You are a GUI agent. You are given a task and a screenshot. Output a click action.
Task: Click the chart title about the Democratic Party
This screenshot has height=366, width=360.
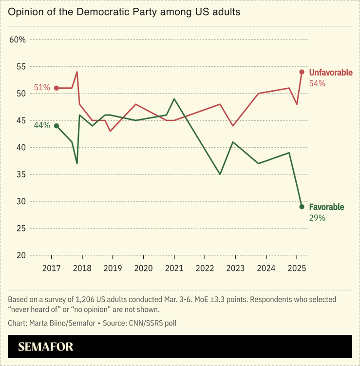[x=124, y=12]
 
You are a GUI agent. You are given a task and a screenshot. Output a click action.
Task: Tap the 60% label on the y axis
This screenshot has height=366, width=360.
[x=18, y=39]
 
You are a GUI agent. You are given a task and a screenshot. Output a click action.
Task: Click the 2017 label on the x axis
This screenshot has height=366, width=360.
[x=51, y=268]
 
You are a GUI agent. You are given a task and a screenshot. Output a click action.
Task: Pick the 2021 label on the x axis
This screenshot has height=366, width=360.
[x=174, y=268]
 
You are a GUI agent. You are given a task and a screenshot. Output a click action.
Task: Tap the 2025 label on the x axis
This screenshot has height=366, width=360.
[x=297, y=268]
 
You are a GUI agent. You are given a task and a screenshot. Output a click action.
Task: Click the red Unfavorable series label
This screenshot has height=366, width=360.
[x=331, y=73]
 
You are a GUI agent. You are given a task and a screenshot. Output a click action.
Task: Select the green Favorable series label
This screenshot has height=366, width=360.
[x=326, y=207]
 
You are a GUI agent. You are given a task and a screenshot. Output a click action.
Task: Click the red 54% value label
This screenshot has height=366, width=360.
[x=317, y=83]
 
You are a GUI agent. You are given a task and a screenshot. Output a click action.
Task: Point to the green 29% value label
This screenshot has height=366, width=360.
[x=317, y=218]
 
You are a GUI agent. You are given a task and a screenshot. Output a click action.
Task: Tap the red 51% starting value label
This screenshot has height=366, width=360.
[x=42, y=88]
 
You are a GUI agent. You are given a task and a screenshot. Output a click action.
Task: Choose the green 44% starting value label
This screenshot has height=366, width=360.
[x=42, y=125]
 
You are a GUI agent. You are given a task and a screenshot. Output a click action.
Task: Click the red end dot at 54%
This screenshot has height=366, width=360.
[x=302, y=72]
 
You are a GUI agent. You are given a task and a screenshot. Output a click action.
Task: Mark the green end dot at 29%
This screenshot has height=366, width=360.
[x=302, y=207]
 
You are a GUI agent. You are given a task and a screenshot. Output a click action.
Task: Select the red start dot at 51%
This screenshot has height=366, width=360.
[x=57, y=88]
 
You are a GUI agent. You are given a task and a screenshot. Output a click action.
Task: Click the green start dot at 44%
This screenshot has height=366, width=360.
[x=57, y=126]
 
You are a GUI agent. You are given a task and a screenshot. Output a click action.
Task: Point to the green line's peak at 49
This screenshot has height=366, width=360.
[x=174, y=99]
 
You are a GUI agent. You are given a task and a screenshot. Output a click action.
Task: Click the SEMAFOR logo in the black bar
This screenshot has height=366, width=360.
[x=46, y=347]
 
